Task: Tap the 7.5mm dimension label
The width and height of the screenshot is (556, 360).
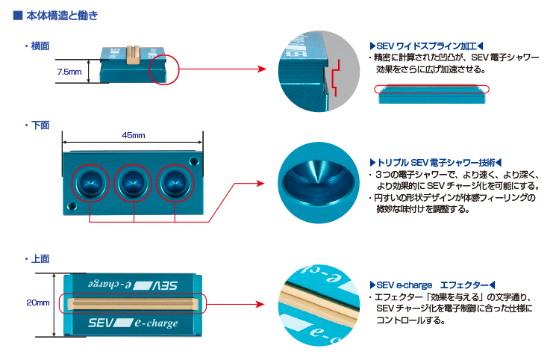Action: tap(69, 72)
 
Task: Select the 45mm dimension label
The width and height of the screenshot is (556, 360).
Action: tap(133, 135)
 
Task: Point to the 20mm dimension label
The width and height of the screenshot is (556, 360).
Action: tap(37, 303)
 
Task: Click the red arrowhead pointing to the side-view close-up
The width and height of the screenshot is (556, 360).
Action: tap(261, 69)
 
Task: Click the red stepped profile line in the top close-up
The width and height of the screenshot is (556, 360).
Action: tap(337, 79)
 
